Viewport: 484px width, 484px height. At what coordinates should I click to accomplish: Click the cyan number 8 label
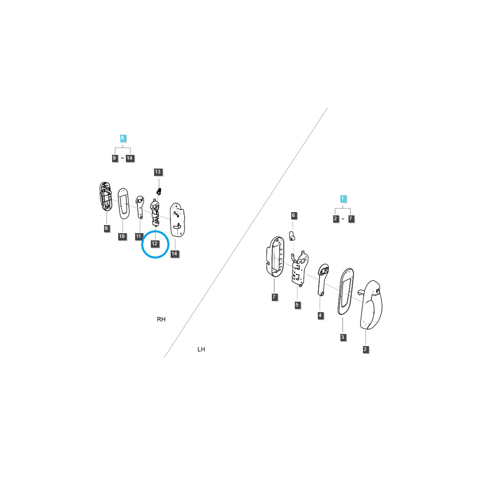point(122,138)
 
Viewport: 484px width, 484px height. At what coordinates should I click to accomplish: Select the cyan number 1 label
point(342,199)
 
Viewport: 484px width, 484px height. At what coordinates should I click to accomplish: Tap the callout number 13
point(158,172)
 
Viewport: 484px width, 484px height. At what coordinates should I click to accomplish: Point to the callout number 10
point(122,236)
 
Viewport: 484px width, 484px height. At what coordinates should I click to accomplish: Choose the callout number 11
point(138,236)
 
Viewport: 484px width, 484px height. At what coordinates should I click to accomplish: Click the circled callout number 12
point(154,244)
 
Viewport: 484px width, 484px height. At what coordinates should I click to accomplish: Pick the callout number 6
point(293,215)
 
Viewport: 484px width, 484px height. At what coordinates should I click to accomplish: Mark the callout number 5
point(297,305)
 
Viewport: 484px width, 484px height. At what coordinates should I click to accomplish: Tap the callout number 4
point(320,315)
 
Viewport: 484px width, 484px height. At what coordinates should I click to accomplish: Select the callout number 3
point(342,337)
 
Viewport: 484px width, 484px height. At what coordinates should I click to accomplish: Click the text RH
point(161,319)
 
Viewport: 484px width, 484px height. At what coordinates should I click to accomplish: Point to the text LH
point(201,349)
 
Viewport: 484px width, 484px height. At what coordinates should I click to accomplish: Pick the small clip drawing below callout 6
point(292,236)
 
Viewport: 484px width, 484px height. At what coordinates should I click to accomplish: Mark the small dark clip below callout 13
point(159,191)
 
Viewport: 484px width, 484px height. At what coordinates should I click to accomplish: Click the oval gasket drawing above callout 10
point(123,203)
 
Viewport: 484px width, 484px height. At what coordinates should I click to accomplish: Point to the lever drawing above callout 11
point(140,207)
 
